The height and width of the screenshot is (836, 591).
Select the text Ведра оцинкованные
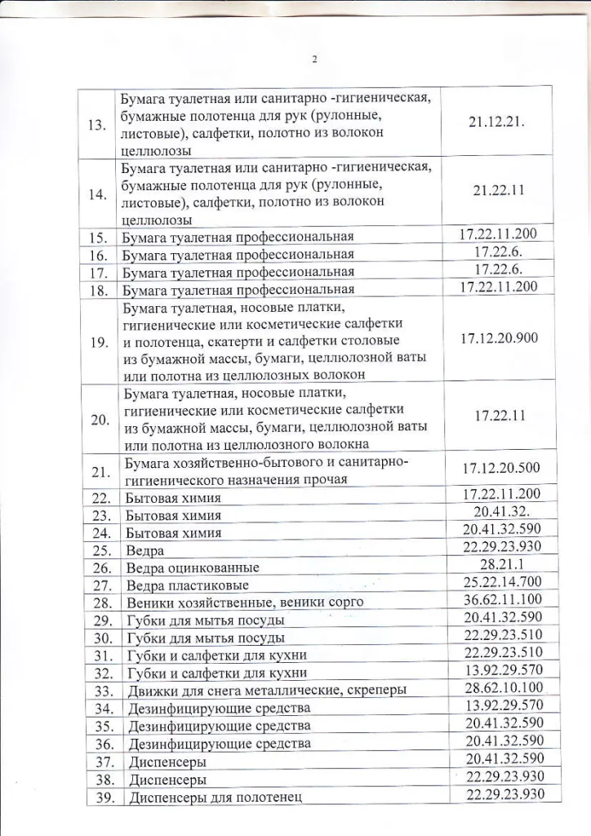coord(193,567)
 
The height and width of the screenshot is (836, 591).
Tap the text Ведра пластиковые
coord(188,585)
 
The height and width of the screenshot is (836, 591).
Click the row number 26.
coord(101,567)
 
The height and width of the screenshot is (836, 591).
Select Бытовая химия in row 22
coord(172,498)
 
